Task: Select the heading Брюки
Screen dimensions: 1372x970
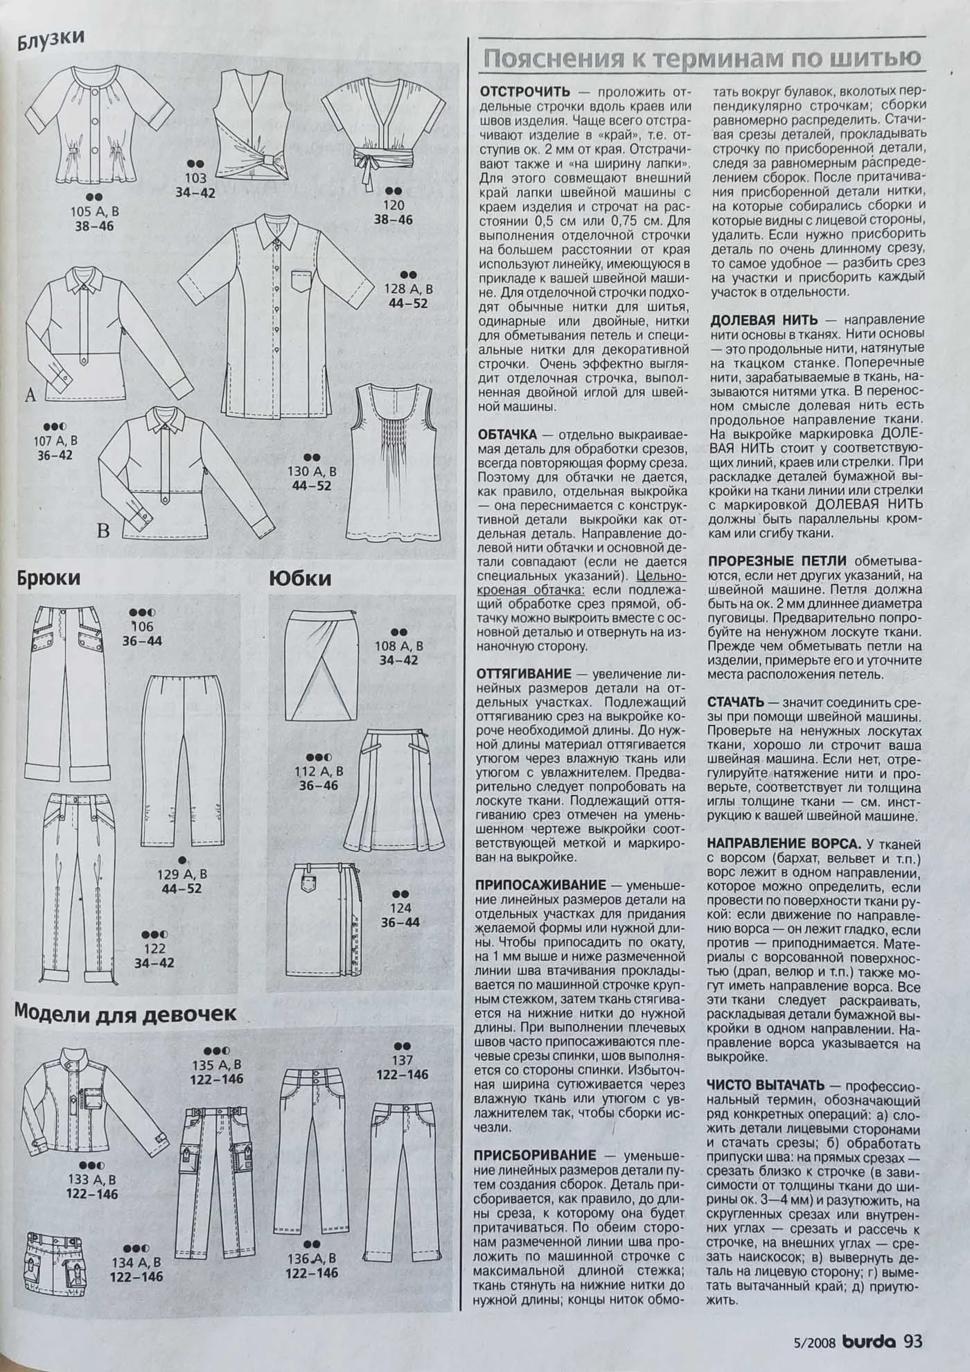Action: click(49, 578)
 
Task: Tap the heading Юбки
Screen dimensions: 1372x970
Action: click(300, 578)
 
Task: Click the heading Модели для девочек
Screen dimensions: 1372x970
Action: click(125, 1013)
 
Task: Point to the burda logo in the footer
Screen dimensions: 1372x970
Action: click(870, 1341)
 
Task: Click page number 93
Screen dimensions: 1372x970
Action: click(913, 1341)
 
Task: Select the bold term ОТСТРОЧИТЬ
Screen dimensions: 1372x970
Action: click(525, 91)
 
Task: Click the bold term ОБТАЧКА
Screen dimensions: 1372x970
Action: click(508, 435)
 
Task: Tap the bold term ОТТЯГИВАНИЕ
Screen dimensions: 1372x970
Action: click(525, 674)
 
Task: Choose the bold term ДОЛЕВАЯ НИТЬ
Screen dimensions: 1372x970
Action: click(764, 320)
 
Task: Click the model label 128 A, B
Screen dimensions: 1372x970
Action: click(408, 289)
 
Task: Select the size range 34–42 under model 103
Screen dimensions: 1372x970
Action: click(195, 194)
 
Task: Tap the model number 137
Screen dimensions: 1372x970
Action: click(402, 1059)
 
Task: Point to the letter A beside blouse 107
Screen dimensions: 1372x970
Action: click(30, 396)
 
